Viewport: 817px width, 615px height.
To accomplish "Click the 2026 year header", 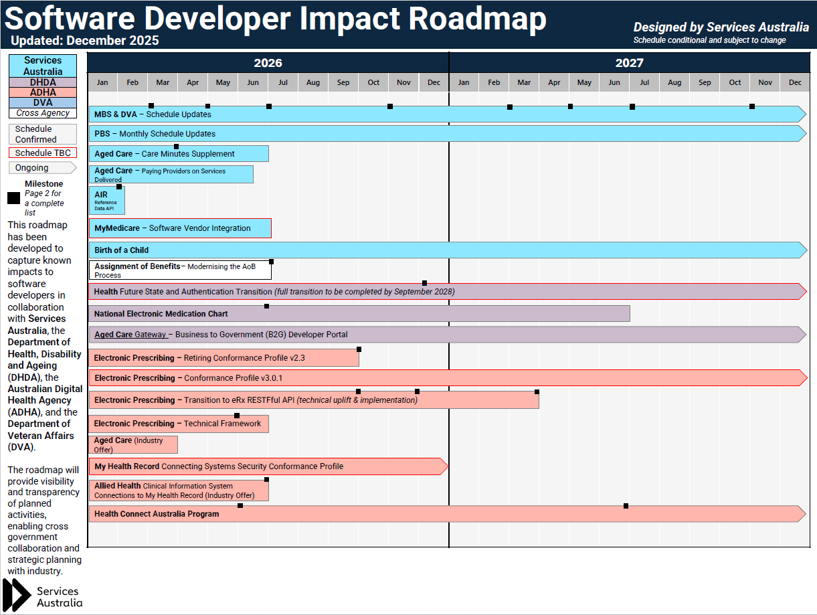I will point(268,63).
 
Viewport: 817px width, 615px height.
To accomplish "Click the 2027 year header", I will point(629,63).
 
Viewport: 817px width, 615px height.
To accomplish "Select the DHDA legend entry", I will point(43,82).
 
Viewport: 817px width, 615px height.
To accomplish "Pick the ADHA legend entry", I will point(43,92).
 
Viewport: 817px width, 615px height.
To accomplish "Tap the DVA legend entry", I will point(43,102).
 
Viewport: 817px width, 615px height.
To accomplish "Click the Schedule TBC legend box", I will point(43,153).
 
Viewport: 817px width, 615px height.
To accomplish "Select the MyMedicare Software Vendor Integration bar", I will point(179,228).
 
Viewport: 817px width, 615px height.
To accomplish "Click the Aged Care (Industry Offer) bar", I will point(132,444).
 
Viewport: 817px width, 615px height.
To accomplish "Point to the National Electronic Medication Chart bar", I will point(359,313).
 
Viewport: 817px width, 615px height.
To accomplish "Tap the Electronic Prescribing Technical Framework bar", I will point(178,424).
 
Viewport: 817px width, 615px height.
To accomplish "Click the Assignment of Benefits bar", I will point(179,270).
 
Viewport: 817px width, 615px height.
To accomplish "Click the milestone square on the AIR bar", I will point(119,187).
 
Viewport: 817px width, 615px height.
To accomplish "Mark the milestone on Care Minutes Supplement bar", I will point(176,146).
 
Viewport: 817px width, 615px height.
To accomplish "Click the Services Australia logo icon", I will point(17,595).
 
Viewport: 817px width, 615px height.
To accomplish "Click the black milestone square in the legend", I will point(13,198).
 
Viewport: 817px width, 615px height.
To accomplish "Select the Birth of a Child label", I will point(121,250).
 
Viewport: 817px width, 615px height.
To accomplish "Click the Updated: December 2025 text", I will point(85,40).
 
